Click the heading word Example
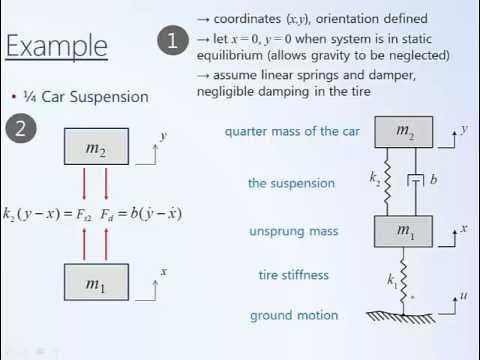56,45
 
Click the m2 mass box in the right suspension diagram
404,131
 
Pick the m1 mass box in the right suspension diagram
404,231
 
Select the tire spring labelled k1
404,273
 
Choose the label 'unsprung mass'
293,231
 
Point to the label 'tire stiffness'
293,275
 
